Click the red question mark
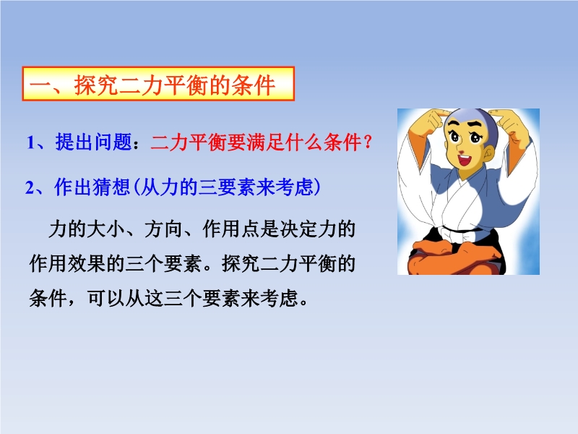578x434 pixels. [367, 142]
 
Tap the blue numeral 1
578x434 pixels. [30, 142]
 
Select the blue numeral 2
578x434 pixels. [30, 187]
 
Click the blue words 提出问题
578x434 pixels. [94, 142]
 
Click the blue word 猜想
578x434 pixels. [111, 187]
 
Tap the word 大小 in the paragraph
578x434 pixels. [105, 229]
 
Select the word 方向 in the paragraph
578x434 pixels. [164, 229]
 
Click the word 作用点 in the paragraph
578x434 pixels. [231, 229]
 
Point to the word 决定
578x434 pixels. [298, 229]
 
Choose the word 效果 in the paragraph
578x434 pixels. [87, 263]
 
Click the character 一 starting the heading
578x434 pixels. [40, 85]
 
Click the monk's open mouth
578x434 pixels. [464, 160]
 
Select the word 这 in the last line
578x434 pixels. [154, 298]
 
